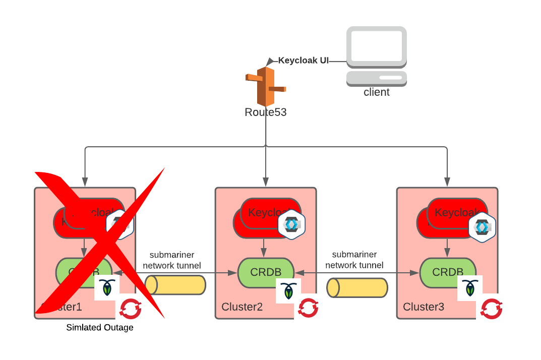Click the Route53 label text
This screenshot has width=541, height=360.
[265, 112]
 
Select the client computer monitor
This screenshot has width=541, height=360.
[377, 46]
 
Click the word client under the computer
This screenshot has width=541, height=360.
[377, 92]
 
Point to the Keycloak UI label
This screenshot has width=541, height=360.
[304, 61]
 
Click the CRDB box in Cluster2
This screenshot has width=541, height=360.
[266, 272]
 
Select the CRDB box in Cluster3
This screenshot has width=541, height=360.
[447, 272]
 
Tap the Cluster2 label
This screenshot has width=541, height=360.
[242, 307]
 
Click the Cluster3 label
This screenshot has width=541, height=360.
[424, 307]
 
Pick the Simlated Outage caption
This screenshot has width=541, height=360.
[100, 328]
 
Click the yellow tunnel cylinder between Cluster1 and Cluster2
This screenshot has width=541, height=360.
[175, 285]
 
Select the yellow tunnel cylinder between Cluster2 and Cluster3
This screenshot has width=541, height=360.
[357, 287]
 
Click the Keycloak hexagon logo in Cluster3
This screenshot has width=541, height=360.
[483, 227]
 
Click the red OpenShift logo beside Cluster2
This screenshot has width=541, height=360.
[308, 308]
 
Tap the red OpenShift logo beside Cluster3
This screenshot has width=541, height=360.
[491, 309]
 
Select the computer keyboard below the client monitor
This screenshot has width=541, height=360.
[377, 78]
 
